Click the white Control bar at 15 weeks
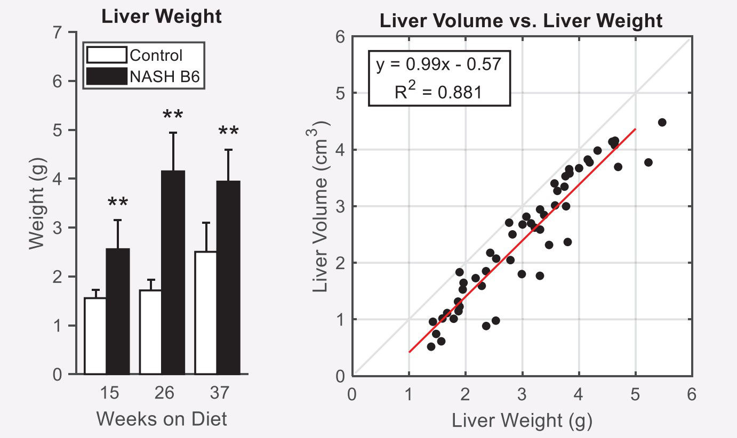(95, 336)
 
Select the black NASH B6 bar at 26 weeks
(173, 272)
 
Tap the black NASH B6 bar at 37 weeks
(228, 277)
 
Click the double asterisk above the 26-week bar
(173, 115)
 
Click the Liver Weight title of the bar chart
(162, 17)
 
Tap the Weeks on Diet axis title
(162, 419)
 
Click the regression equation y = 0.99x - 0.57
(438, 64)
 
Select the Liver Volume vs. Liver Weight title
(521, 21)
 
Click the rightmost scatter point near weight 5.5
(662, 122)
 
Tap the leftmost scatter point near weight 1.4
(431, 346)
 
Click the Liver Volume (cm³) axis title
(320, 205)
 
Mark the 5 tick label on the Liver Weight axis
(635, 395)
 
